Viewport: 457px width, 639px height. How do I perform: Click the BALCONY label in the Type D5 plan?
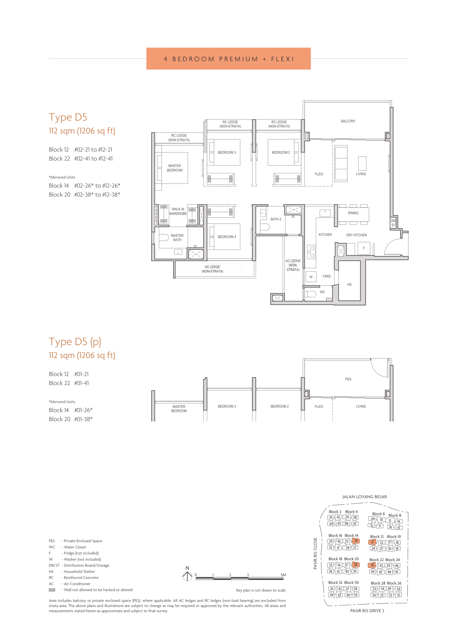348,121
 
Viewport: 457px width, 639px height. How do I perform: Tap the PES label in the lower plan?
348,379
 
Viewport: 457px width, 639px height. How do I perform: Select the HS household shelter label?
349,284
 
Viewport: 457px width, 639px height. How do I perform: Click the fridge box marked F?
364,248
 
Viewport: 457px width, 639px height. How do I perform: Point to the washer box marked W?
311,277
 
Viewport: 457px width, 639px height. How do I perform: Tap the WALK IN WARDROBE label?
178,211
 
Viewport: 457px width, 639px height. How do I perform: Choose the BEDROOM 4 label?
227,237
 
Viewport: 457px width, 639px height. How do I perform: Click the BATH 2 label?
276,219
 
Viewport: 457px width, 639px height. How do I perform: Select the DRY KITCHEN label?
356,235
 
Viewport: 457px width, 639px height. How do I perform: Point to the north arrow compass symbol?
187,576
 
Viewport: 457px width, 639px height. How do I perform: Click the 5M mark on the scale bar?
283,575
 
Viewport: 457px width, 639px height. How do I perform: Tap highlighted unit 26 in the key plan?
356,541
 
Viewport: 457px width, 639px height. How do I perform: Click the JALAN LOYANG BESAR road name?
364,497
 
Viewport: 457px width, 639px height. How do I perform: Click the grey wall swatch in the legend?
52,590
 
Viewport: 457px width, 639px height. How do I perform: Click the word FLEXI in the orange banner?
283,59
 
